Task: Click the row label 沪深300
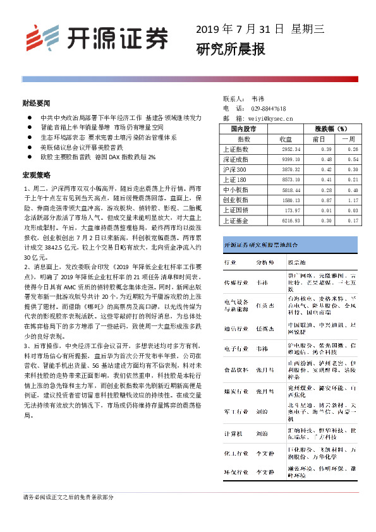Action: tap(235, 169)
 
